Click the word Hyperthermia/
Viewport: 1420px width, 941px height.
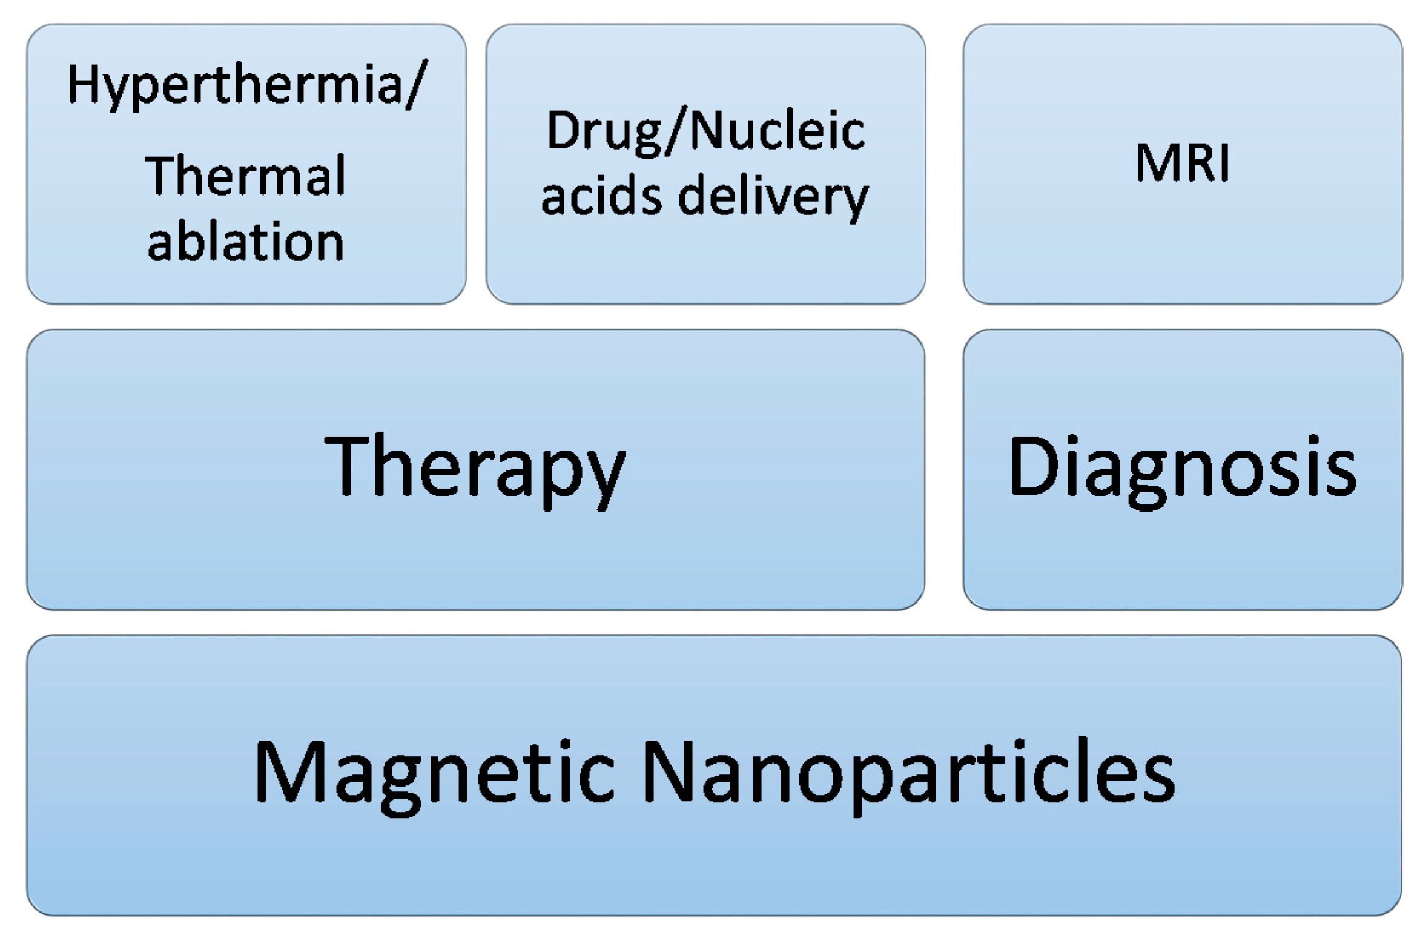tap(247, 85)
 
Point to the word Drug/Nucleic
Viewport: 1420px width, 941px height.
tap(705, 132)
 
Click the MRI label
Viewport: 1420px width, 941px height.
tap(1182, 163)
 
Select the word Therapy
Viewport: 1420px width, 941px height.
tap(475, 466)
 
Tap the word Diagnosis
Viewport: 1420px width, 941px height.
tap(1182, 466)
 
